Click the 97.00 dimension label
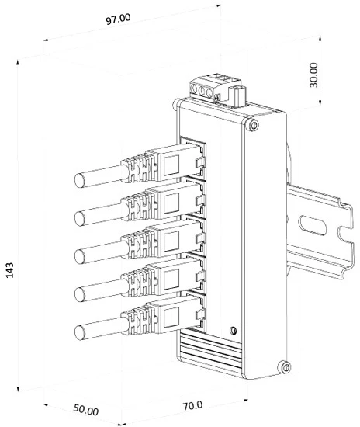118,19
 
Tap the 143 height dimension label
10,270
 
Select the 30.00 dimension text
313,75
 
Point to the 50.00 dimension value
85,410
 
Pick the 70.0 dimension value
192,405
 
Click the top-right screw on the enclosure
254,126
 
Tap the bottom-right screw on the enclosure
286,368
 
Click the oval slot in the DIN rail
313,225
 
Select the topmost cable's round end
79,180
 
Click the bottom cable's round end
79,332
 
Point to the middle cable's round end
79,256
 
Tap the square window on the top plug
171,165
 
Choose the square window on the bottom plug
171,318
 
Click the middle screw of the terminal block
202,91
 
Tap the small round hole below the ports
233,331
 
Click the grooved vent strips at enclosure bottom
209,351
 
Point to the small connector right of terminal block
237,96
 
